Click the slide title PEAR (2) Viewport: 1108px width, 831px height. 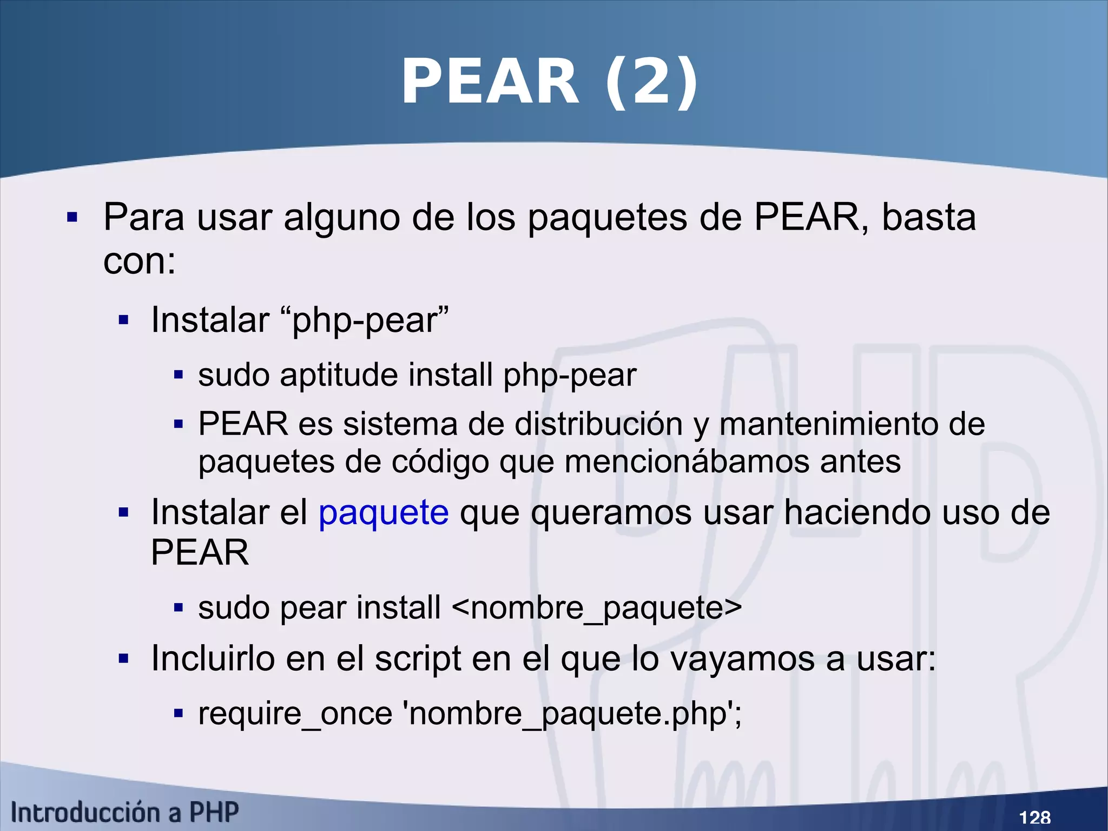(x=549, y=82)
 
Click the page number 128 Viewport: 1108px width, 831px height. (x=1034, y=817)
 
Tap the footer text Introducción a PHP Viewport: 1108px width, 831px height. (x=124, y=813)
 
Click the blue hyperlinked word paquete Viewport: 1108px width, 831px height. (x=384, y=512)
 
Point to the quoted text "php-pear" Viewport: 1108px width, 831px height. (x=370, y=320)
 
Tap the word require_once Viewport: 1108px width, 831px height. (x=295, y=714)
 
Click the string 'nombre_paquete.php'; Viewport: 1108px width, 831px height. (x=573, y=714)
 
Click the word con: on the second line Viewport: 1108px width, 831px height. (x=140, y=261)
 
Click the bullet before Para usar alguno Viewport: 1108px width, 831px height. (x=72, y=218)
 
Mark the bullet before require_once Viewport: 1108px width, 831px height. (x=179, y=714)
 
